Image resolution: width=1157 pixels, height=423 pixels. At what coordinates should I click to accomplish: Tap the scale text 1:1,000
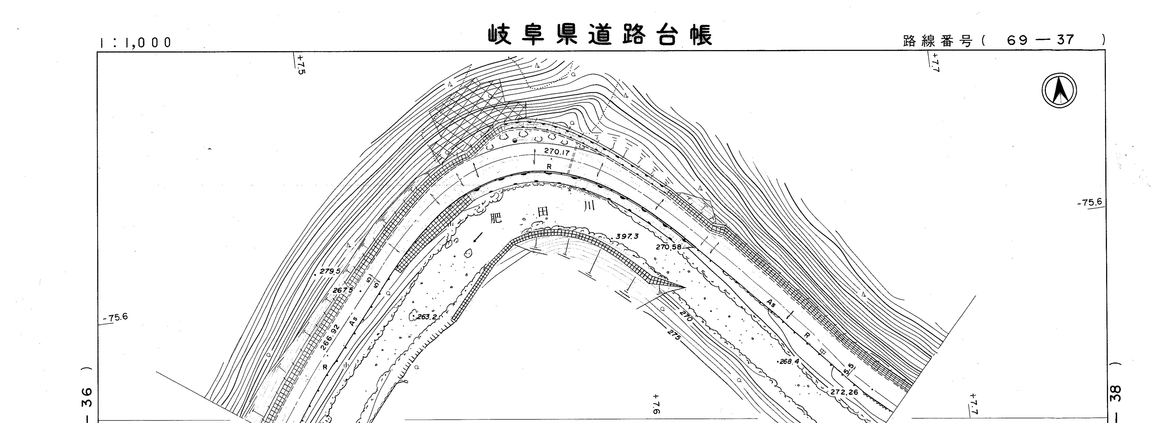[136, 43]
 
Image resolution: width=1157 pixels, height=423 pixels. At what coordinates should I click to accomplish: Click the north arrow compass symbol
[1060, 90]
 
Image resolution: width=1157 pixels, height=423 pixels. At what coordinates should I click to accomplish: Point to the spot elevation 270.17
[557, 152]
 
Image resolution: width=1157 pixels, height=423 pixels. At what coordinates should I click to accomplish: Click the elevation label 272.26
[844, 392]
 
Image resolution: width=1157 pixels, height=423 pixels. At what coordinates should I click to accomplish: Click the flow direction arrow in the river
[479, 237]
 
